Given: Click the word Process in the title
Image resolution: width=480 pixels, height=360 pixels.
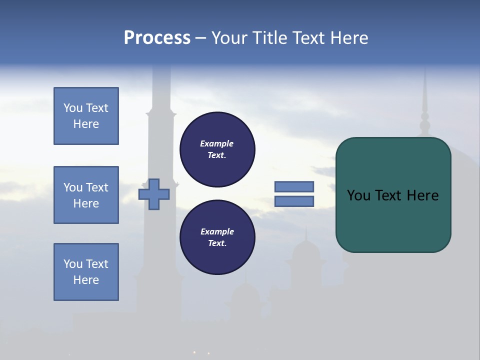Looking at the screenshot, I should (157, 37).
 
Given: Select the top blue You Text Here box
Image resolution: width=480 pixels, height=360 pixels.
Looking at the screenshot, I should (86, 116).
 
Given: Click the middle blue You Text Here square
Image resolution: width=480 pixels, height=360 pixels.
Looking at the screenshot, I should (86, 195).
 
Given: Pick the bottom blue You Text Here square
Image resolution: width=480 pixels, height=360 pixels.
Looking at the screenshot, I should (86, 272).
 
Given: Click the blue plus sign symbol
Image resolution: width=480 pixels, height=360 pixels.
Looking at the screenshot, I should (153, 194).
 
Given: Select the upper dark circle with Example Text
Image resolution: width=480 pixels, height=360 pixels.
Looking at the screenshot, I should (217, 149).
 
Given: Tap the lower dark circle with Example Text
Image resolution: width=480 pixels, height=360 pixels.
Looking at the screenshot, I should (217, 237).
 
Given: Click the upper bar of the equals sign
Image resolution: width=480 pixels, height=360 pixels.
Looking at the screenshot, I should (294, 186).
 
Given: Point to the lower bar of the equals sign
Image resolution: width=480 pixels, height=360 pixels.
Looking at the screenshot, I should (294, 201).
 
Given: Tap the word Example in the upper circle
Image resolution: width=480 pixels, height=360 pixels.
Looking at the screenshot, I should (216, 143).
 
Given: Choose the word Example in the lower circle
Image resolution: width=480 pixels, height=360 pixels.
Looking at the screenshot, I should (216, 231).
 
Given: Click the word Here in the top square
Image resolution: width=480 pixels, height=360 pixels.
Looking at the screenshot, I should (86, 124).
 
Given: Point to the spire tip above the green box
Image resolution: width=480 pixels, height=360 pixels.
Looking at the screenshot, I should (425, 75).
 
